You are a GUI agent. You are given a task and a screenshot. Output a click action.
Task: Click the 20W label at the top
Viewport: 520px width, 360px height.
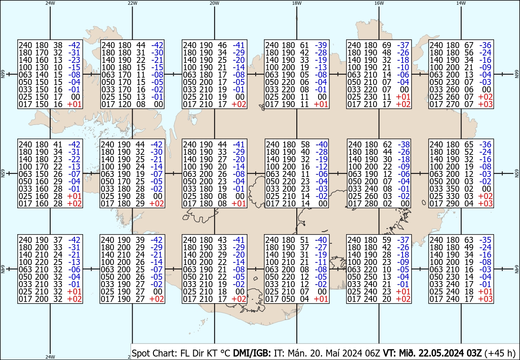[x=214, y=3]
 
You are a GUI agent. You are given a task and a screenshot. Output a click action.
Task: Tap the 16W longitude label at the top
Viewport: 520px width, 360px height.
[x=379, y=3]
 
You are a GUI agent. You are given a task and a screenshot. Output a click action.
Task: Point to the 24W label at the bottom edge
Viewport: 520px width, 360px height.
[x=50, y=357]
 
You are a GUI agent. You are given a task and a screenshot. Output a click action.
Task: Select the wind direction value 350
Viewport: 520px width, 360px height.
[x=452, y=189]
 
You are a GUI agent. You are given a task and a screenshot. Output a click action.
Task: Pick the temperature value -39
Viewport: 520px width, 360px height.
[x=321, y=45]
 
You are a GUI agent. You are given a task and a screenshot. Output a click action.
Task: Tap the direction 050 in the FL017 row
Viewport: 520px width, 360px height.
[x=288, y=299]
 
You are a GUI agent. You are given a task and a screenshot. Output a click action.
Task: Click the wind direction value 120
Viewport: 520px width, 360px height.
[x=125, y=105]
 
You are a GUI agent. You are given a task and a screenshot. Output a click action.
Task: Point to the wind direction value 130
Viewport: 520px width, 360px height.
[x=42, y=67]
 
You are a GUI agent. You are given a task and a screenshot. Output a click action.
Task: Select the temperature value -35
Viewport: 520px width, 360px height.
[x=485, y=240]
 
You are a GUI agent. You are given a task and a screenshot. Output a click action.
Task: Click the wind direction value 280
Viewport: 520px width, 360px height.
[x=371, y=203]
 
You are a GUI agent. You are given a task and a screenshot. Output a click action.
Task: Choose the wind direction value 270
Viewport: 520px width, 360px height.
[x=452, y=105]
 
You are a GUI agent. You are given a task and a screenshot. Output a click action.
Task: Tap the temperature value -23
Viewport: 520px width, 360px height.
[x=74, y=60]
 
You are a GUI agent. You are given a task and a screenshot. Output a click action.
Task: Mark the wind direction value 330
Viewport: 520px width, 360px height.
[x=452, y=196]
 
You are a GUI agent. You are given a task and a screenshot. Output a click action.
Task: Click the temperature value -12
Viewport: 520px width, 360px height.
[x=322, y=167]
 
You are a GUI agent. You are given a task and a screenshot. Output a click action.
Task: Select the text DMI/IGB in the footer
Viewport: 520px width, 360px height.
[x=252, y=353]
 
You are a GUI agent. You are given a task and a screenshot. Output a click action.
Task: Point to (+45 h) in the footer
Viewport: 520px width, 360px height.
[x=500, y=353]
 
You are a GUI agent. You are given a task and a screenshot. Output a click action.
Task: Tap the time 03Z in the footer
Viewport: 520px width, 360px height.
[x=474, y=353]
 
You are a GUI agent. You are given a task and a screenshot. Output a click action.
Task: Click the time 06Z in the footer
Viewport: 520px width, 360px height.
[x=372, y=353]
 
